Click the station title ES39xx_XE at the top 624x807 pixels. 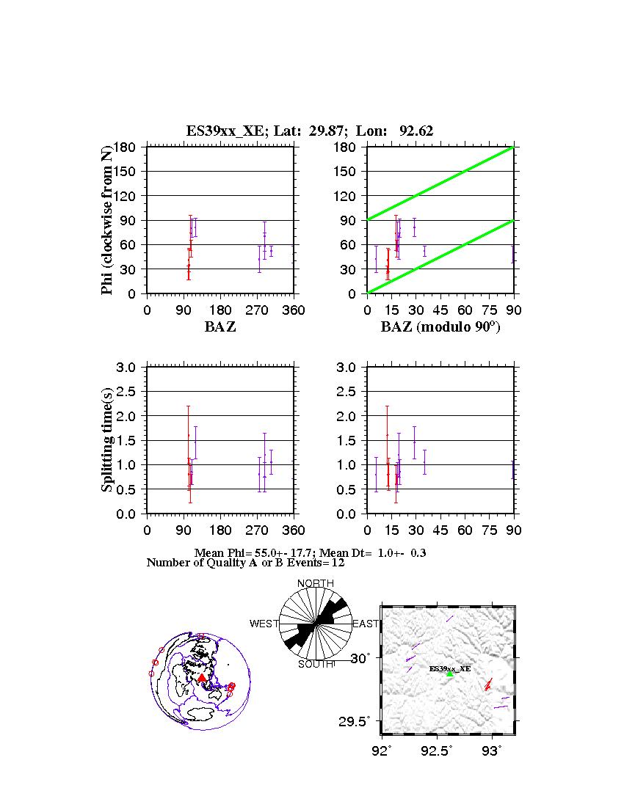tap(309, 131)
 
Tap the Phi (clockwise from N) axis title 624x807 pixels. tap(108, 220)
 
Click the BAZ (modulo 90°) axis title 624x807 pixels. tap(440, 327)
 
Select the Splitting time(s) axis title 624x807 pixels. tap(108, 440)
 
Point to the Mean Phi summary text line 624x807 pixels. tap(311, 552)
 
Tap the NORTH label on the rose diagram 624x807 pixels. tap(316, 583)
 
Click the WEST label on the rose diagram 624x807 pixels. tap(264, 624)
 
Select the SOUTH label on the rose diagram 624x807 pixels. tap(316, 665)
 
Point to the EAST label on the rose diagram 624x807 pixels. tap(366, 624)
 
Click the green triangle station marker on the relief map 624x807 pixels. tap(449, 673)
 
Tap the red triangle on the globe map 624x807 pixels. tap(202, 678)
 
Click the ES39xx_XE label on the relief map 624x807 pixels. tap(450, 668)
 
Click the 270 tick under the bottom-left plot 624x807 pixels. tap(258, 530)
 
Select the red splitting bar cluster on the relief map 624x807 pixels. tap(487, 685)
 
